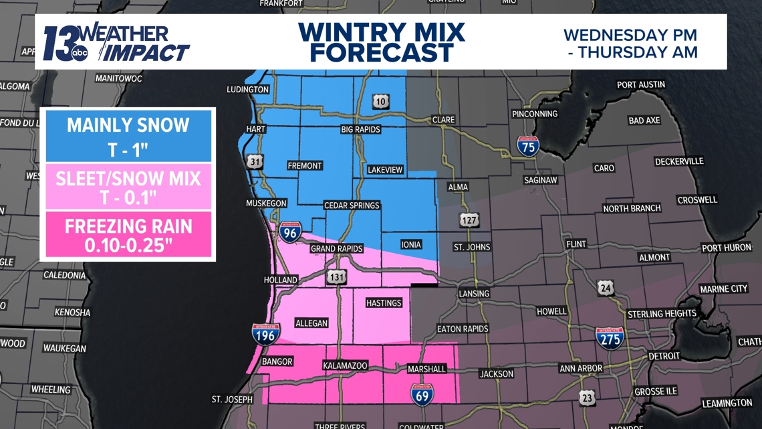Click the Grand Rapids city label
336,248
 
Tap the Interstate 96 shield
289,232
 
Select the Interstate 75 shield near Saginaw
528,146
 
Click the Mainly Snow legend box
128,137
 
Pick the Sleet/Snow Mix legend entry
128,187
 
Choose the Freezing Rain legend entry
128,236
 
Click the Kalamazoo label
345,365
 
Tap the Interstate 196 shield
266,334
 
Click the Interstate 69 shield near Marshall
422,394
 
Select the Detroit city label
663,356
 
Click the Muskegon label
266,203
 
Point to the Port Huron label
727,248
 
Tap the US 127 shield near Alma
469,219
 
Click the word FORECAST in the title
382,52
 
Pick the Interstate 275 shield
609,338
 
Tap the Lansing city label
474,293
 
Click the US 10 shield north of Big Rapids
380,102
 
